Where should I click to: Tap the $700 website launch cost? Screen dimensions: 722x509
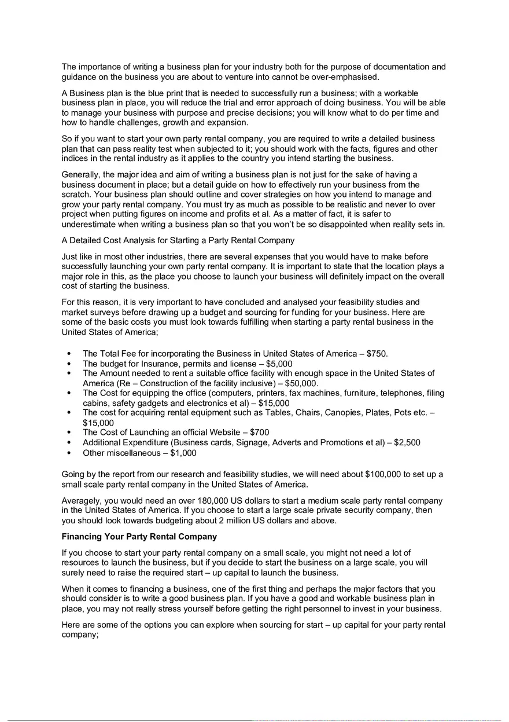(259, 433)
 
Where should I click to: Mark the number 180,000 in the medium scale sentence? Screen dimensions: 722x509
(190, 500)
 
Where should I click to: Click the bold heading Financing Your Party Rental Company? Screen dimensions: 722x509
(139, 536)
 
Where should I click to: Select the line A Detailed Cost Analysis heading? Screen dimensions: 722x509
(178, 240)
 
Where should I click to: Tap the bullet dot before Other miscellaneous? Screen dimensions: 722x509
(70, 453)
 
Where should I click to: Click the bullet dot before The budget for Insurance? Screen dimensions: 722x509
(70, 364)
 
